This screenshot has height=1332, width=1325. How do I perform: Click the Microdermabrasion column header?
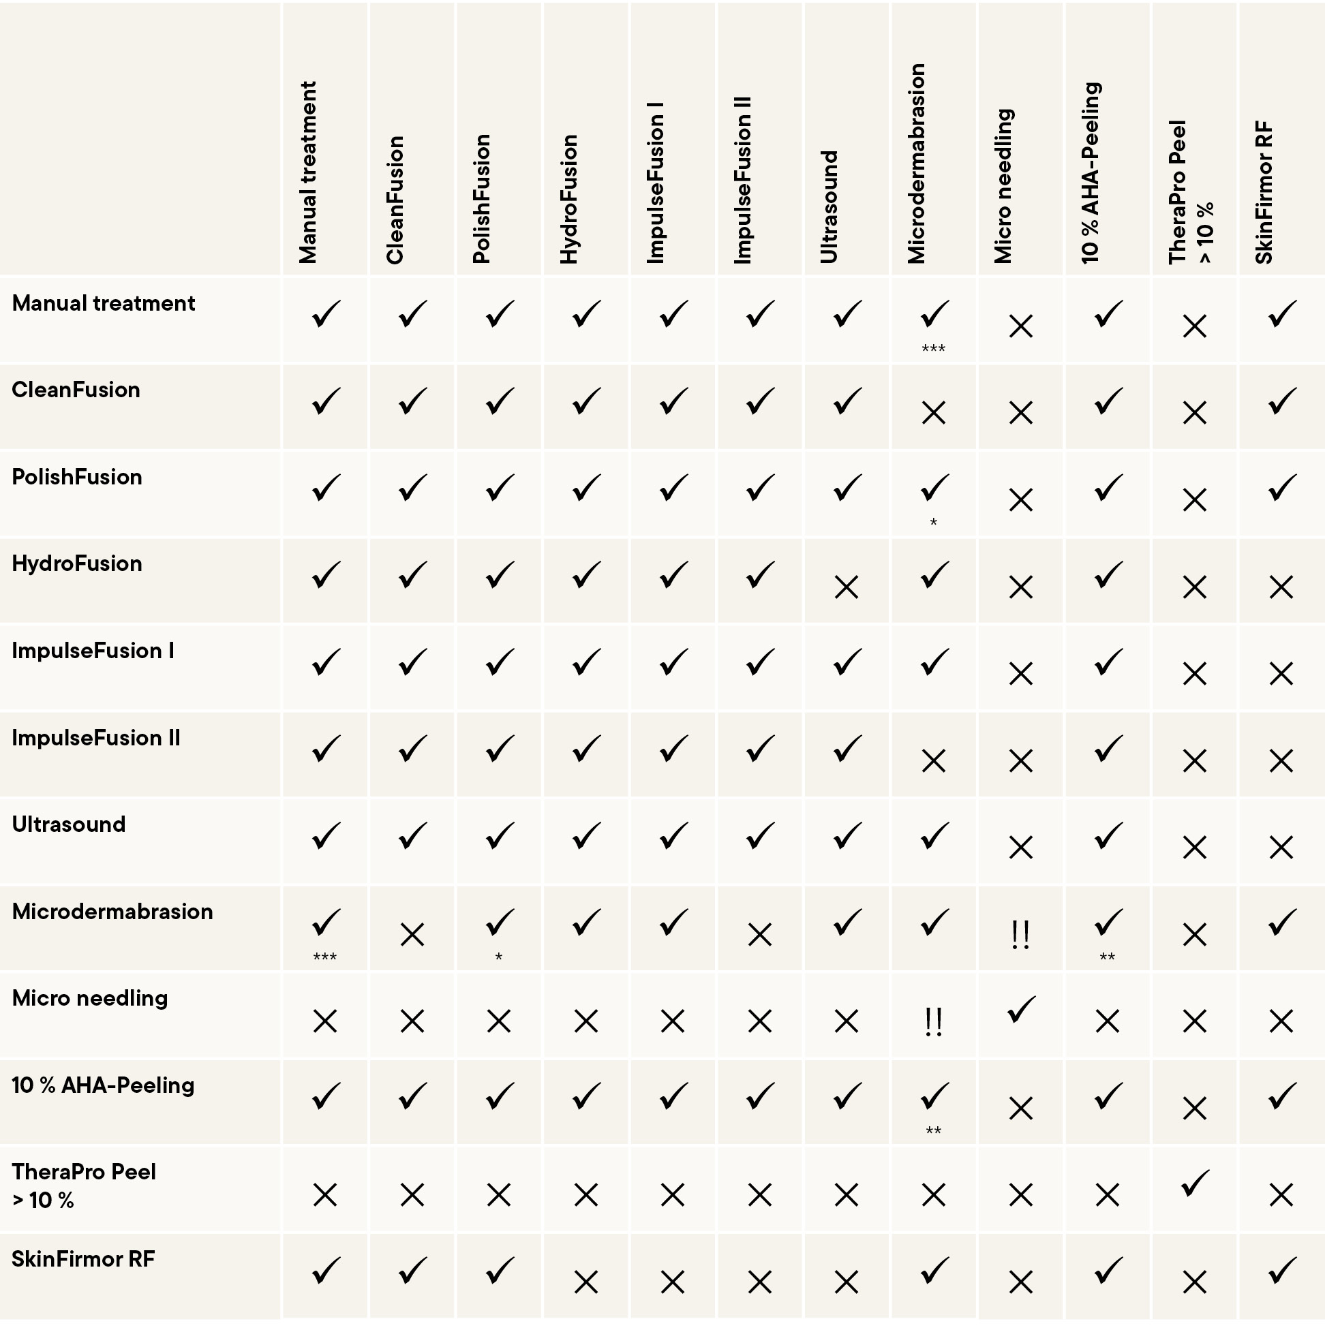click(917, 164)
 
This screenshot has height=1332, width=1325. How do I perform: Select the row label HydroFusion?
click(77, 564)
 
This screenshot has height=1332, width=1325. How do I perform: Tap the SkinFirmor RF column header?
click(1264, 192)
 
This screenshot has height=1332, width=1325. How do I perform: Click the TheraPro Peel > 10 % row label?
click(83, 1186)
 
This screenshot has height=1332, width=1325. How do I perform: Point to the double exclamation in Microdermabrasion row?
click(1020, 935)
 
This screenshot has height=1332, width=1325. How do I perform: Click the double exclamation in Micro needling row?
click(933, 1022)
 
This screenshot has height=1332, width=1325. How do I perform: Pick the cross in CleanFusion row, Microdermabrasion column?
click(933, 414)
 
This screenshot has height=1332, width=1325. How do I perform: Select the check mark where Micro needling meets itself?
click(1020, 1010)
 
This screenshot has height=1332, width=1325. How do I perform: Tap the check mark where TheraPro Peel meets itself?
click(1194, 1183)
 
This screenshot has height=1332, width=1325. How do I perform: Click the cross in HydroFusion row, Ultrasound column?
click(847, 587)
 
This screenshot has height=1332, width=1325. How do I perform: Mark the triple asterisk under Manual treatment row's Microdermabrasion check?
click(933, 349)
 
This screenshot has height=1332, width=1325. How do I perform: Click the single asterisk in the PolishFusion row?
click(933, 523)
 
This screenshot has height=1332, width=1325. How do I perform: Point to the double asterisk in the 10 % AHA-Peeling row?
click(933, 1131)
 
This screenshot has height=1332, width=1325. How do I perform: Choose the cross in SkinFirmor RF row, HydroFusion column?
click(585, 1282)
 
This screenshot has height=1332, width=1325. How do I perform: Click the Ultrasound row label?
click(69, 824)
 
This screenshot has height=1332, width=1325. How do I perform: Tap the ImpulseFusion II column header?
click(743, 180)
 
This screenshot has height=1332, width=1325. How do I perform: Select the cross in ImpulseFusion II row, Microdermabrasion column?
click(933, 761)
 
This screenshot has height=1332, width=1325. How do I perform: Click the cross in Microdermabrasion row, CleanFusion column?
click(412, 935)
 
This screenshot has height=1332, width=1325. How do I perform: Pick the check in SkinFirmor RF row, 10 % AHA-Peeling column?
click(1107, 1271)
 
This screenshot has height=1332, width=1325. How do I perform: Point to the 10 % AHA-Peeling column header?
click(1091, 173)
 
